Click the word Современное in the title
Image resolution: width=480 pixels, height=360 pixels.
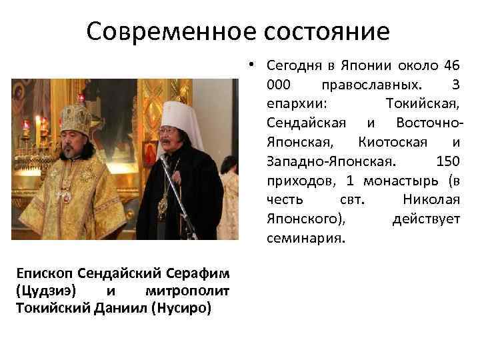159,31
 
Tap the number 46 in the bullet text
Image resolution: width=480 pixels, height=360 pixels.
453,66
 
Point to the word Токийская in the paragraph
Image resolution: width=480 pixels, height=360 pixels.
423,105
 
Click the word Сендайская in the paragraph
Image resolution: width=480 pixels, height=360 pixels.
306,123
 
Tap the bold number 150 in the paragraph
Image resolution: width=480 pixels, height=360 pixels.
447,161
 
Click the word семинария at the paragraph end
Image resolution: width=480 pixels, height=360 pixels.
305,238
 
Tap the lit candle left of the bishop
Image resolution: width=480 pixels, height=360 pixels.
27,127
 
